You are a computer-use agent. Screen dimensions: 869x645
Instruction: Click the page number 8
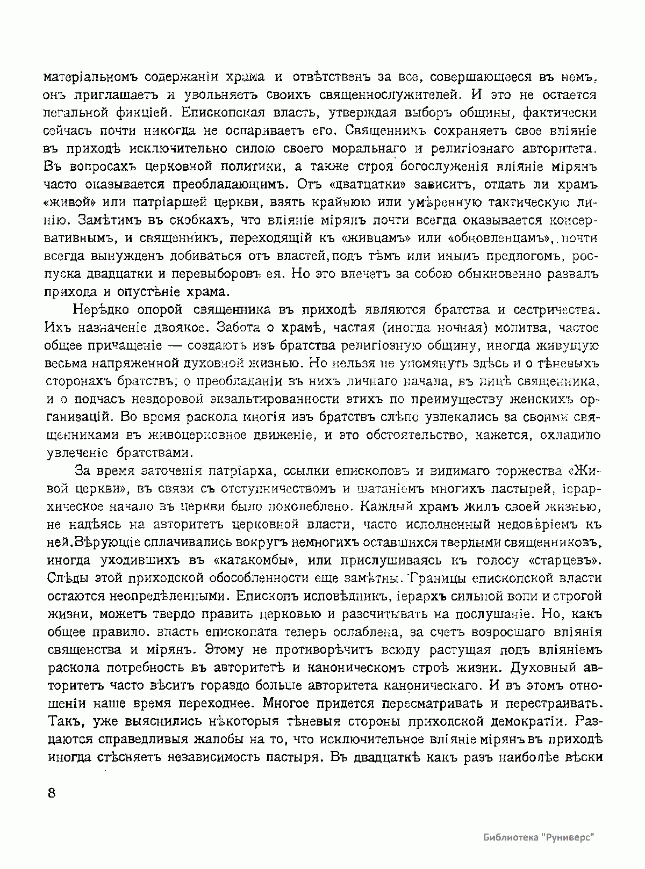tap(52, 793)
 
